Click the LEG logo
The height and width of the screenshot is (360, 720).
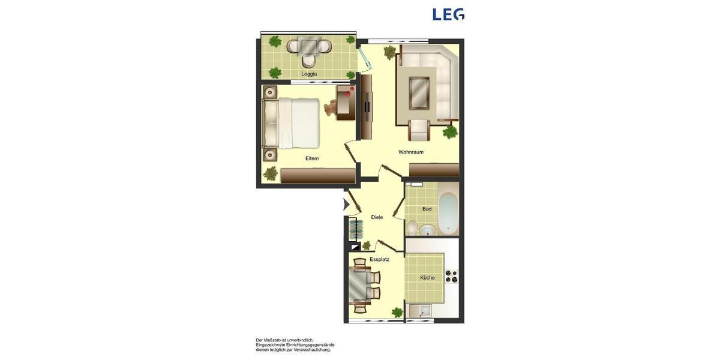coord(448,14)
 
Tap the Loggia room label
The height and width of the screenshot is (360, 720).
coord(309,74)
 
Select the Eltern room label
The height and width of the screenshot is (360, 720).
coord(312,158)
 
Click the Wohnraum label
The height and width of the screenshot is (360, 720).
coord(411,152)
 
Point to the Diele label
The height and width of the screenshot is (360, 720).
coord(377,217)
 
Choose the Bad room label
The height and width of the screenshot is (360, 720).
coord(427,209)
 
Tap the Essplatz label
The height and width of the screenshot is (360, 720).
coord(379,259)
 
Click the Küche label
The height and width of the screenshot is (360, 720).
coord(427,278)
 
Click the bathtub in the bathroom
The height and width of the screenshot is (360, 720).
coord(448,214)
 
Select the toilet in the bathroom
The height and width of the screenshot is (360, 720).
coord(412,228)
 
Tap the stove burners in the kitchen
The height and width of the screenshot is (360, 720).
coord(451,277)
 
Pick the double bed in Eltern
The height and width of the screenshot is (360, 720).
coord(298,123)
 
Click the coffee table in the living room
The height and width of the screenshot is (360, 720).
coord(419,93)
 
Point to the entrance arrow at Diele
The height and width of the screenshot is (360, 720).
coord(346,205)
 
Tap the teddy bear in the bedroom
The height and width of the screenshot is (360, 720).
coord(331,108)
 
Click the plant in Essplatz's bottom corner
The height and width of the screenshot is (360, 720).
coord(397,312)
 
